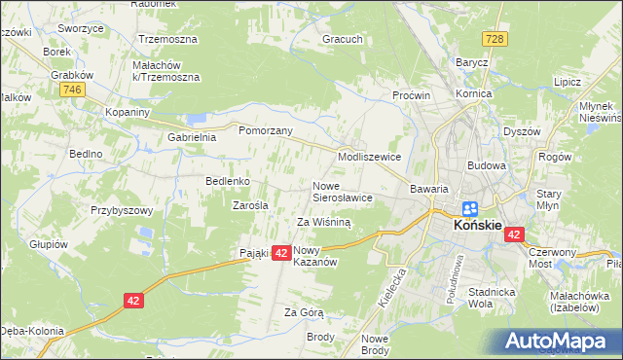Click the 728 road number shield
[x=496, y=38]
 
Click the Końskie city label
[x=478, y=227]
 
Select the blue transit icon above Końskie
[x=470, y=208]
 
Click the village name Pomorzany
[x=266, y=129]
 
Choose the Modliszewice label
[x=369, y=156]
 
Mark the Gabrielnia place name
[x=191, y=138]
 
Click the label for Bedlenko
[x=229, y=181]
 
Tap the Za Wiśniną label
[x=323, y=222]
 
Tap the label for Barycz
[x=472, y=61]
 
